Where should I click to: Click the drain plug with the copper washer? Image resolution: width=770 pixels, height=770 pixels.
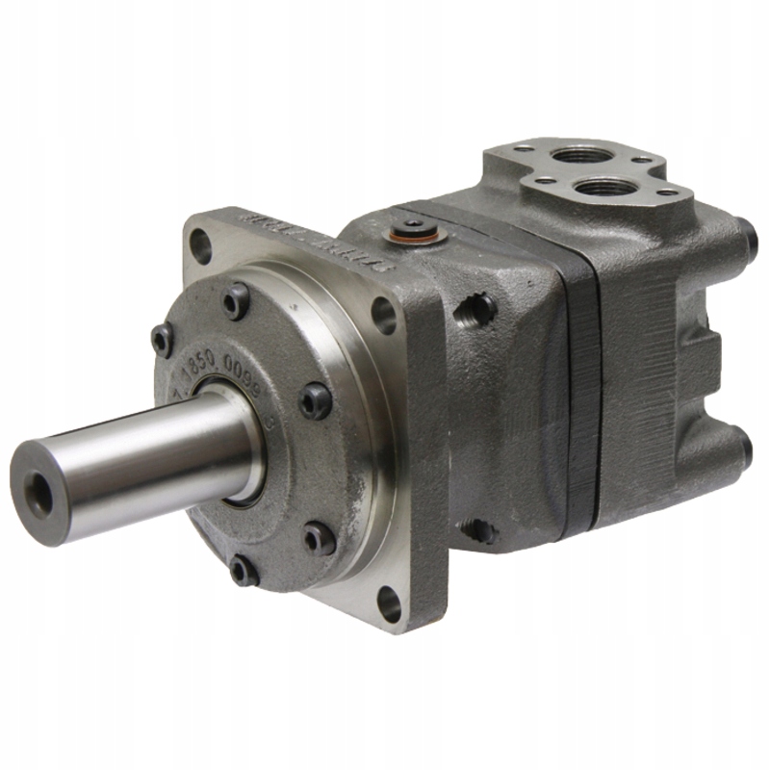(x=413, y=232)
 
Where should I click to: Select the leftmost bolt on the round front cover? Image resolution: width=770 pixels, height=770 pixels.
(x=163, y=339)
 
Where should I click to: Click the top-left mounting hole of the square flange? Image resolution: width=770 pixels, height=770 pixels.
(x=200, y=244)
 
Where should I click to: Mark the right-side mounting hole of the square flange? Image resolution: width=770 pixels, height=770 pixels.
(x=383, y=314)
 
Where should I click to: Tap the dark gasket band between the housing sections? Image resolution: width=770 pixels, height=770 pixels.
(x=581, y=385)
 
